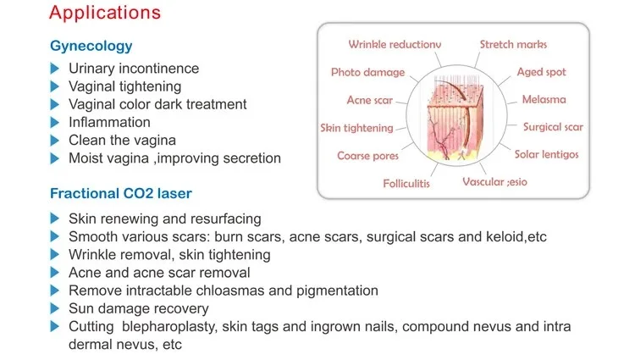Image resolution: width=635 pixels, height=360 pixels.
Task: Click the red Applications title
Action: click(105, 13)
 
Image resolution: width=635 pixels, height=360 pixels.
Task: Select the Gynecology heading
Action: click(91, 46)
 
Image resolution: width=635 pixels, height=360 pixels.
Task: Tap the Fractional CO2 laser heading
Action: click(121, 194)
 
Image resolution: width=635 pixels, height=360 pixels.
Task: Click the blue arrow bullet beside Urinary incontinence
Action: click(55, 69)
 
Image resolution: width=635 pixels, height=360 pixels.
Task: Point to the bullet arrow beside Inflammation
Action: click(55, 122)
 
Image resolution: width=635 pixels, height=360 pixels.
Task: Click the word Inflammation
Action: click(109, 122)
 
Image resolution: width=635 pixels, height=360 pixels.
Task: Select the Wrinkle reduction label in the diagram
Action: click(395, 44)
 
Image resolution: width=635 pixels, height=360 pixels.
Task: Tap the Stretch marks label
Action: click(513, 44)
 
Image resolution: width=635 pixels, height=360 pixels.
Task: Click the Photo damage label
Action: click(367, 72)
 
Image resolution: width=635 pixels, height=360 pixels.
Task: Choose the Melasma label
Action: click(544, 99)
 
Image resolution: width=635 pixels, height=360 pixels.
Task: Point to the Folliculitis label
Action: click(406, 184)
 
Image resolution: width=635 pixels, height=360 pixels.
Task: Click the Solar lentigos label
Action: click(546, 154)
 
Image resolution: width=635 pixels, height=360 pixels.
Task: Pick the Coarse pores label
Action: click(367, 156)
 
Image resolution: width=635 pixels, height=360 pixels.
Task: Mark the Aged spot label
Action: click(541, 72)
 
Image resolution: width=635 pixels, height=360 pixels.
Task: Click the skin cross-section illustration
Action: click(456, 117)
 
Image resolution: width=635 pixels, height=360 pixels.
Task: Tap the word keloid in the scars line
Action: click(504, 236)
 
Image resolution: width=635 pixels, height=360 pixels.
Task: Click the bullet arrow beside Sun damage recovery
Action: click(55, 308)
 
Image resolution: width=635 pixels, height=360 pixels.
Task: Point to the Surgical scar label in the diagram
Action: click(553, 127)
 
